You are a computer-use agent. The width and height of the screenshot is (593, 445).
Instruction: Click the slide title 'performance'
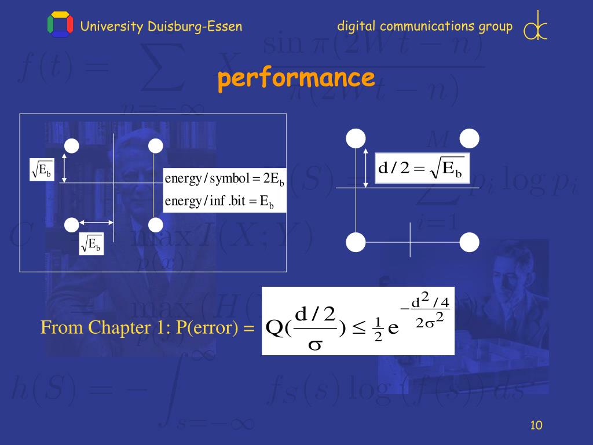pos(296,78)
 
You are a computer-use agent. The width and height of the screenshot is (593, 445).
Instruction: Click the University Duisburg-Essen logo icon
pos(60,25)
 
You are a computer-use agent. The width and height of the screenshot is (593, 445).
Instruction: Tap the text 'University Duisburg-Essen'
pos(161,26)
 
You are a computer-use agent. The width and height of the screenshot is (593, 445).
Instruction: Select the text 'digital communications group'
pos(424,26)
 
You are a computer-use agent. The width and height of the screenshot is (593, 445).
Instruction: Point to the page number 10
pos(536,426)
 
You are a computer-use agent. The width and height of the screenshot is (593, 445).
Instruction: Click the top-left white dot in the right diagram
pos(356,138)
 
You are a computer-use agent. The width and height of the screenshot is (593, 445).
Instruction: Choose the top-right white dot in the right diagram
pos(469,138)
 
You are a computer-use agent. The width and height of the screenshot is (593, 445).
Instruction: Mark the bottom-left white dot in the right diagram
pos(356,242)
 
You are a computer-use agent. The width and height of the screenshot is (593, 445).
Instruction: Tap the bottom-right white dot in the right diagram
pos(469,242)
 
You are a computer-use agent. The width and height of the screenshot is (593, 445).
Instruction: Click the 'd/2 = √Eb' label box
pos(422,169)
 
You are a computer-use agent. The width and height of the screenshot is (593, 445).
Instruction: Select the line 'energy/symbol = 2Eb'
pos(224,178)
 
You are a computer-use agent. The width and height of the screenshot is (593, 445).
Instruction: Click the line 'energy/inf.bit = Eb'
pos(219,202)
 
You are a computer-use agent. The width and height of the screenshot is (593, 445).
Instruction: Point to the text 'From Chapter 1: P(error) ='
pos(148,329)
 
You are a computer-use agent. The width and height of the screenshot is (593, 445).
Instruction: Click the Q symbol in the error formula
pos(273,328)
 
